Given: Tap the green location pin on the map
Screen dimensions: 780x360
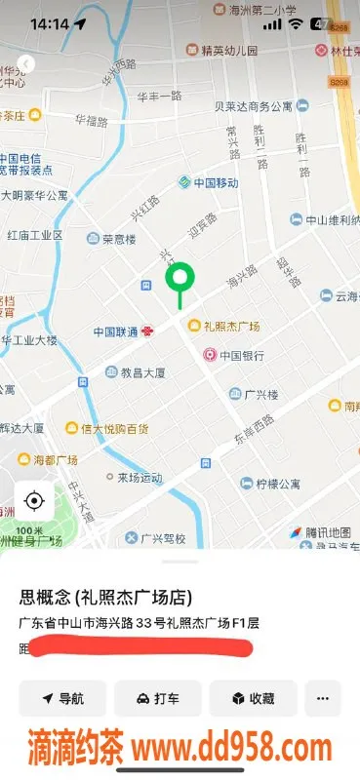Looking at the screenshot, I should pyautogui.click(x=179, y=281).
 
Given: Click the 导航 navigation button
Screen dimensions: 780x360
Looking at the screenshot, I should pyautogui.click(x=61, y=698).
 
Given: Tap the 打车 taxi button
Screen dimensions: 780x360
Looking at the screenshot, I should pyautogui.click(x=157, y=698).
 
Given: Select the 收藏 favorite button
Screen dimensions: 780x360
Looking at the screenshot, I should pyautogui.click(x=252, y=698).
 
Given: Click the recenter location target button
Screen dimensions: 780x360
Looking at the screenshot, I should pyautogui.click(x=34, y=501).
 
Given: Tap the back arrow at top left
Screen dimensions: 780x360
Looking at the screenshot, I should pyautogui.click(x=25, y=63).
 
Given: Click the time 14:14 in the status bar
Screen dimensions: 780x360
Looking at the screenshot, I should pyautogui.click(x=49, y=23).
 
